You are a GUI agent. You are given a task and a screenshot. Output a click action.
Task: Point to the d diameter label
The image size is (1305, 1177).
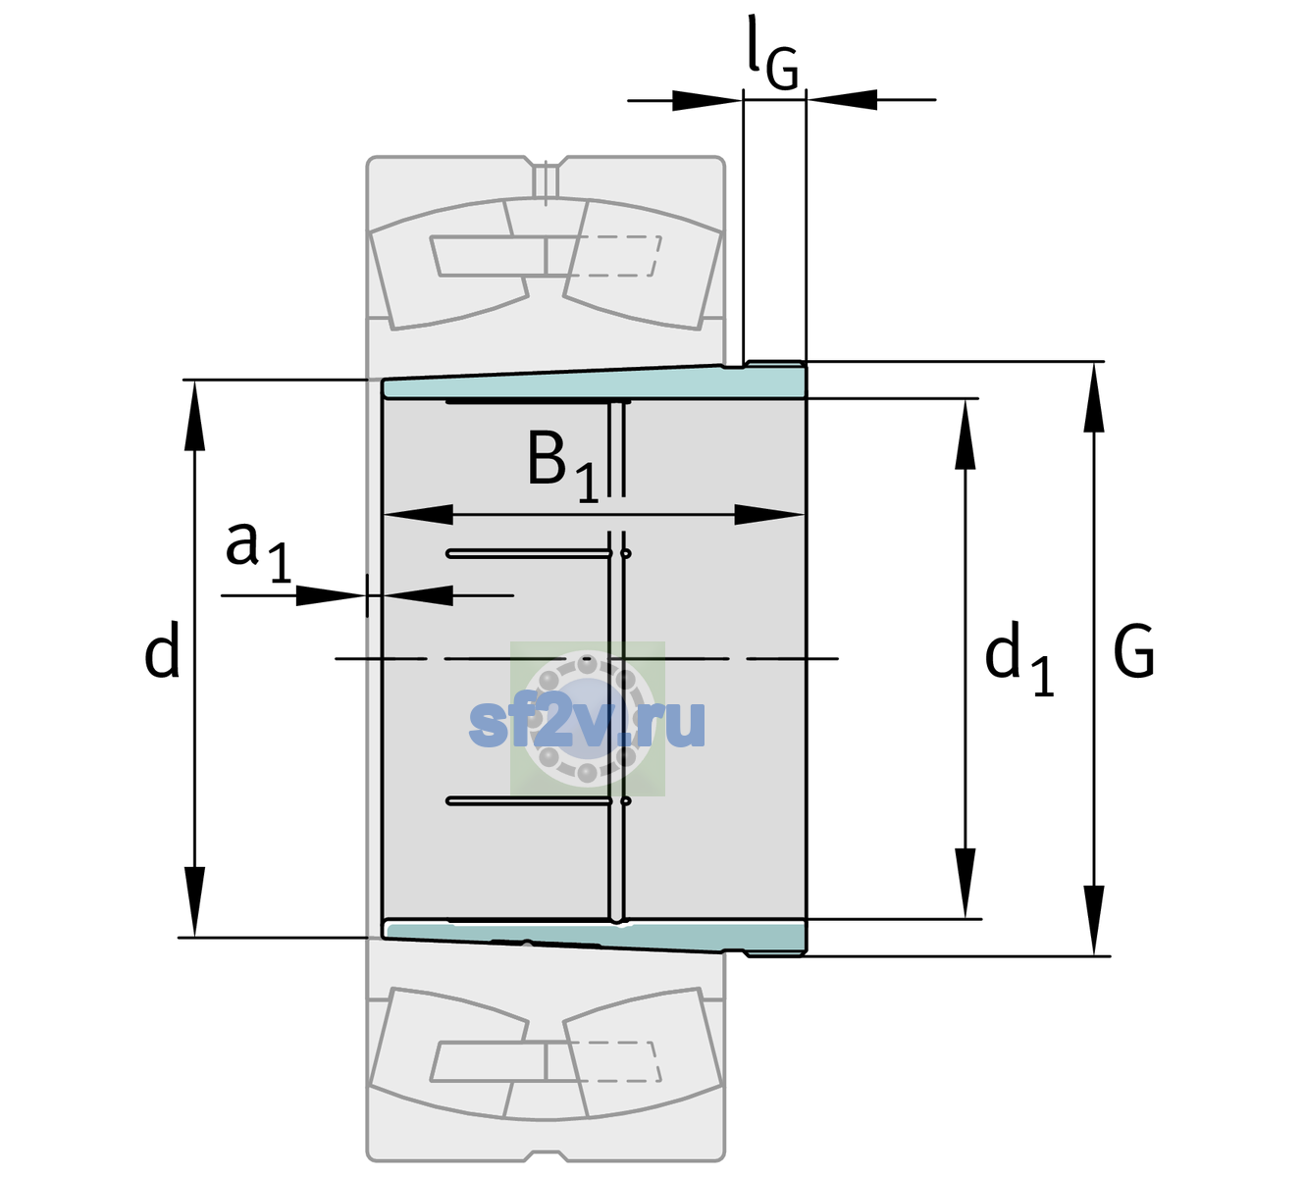[x=162, y=649]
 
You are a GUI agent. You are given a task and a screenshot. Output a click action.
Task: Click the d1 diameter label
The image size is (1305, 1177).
[x=1019, y=658]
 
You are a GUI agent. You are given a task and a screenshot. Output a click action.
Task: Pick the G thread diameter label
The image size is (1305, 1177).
[x=1134, y=651]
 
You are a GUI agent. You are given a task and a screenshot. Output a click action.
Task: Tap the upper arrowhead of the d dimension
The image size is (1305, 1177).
[x=194, y=415]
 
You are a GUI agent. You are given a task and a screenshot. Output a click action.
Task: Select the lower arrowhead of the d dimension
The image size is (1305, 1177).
[x=194, y=902]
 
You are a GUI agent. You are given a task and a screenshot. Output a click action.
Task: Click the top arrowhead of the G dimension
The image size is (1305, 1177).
[x=1094, y=396]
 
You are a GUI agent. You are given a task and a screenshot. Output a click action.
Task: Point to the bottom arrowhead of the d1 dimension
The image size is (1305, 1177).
[x=966, y=883]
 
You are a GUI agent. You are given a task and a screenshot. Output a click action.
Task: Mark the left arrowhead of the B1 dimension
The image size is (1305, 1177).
[x=418, y=514]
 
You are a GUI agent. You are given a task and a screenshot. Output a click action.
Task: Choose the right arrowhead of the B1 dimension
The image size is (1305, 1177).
[x=770, y=514]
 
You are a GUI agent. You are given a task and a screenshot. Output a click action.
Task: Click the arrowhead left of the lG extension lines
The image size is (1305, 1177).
[x=707, y=100]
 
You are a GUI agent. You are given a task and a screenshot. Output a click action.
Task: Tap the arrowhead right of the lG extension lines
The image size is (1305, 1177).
[x=842, y=100]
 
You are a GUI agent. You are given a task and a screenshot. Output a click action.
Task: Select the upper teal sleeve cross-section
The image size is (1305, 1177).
[x=594, y=383]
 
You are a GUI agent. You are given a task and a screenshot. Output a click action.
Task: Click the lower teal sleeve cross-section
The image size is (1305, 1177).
[x=594, y=938]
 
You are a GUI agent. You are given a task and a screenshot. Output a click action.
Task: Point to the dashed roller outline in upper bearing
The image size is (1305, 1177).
[x=617, y=256]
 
